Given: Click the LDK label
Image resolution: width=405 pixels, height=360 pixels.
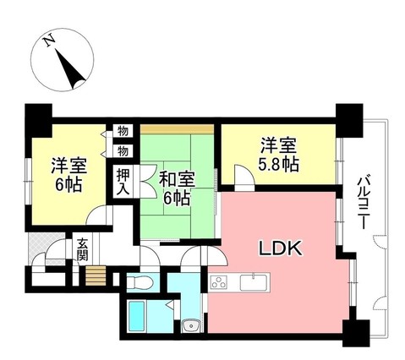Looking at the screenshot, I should (x=278, y=249).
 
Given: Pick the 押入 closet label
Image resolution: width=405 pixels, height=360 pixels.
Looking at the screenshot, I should (x=123, y=181).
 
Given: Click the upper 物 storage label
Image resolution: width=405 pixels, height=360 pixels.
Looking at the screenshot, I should (x=123, y=133).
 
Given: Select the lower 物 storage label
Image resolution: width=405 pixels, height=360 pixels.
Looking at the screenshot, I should (x=123, y=151).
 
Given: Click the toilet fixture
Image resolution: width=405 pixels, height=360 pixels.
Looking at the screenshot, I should (x=142, y=280).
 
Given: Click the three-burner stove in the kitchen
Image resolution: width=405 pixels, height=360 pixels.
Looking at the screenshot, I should (x=220, y=282).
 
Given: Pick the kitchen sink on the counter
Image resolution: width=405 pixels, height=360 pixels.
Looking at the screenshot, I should (x=254, y=282).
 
